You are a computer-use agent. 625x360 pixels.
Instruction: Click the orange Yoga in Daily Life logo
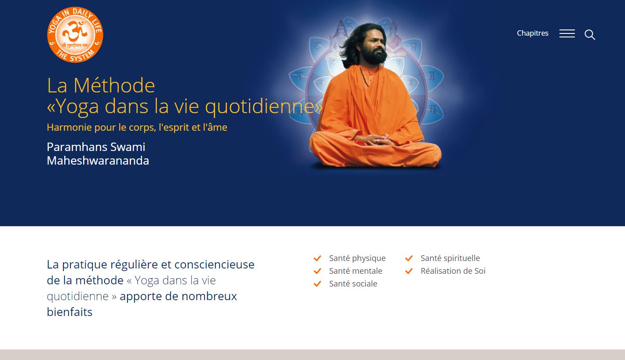(75, 35)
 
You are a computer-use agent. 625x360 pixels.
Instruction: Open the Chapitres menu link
(532, 33)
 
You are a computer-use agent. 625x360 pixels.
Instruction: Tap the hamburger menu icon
(567, 34)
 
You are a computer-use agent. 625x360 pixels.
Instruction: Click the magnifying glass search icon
(590, 35)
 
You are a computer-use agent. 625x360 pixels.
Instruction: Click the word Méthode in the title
(114, 85)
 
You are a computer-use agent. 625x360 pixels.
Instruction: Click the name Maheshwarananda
(98, 161)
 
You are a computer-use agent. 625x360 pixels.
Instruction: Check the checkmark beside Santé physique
(317, 258)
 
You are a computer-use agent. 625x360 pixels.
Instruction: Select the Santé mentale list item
(355, 271)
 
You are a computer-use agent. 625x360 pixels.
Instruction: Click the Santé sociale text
(353, 284)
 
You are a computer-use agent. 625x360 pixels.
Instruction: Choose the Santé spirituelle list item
(450, 258)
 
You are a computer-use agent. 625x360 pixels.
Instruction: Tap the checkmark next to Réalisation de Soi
(409, 271)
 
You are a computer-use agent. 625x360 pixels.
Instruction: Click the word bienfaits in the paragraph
(69, 312)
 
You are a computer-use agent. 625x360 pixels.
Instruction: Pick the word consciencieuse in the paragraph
(214, 264)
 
